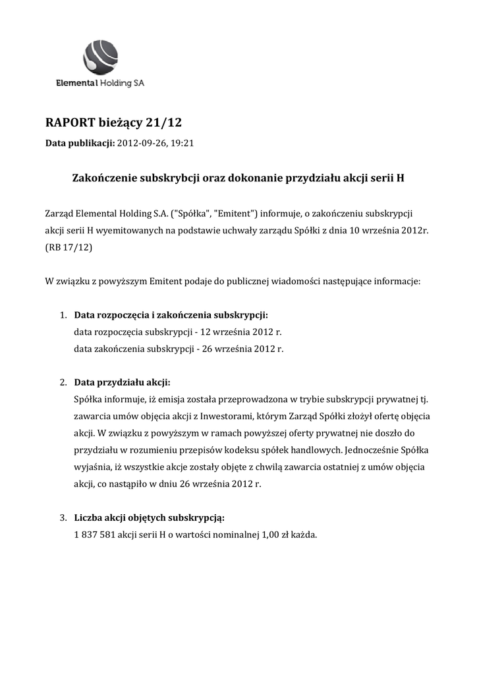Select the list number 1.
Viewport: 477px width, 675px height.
63,314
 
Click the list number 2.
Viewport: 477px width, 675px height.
63,382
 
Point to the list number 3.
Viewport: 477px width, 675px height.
63,517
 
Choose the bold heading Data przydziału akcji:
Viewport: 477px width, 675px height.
122,382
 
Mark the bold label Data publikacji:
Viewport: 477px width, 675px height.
80,142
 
